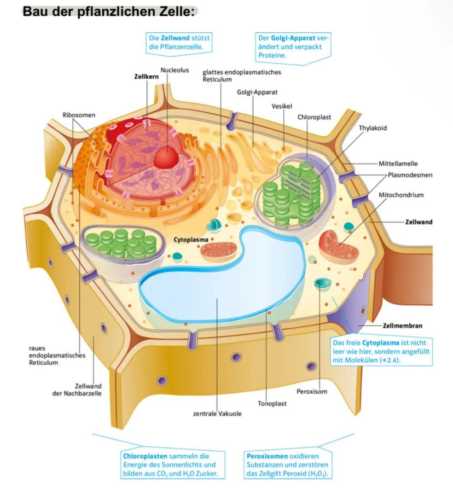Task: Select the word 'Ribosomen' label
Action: click(79, 115)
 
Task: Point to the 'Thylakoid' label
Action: click(373, 128)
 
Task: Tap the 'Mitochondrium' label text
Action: click(401, 195)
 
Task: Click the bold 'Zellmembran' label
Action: click(403, 325)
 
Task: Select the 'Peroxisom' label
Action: click(312, 392)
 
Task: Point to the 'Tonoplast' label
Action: click(272, 404)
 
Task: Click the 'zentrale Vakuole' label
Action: click(217, 414)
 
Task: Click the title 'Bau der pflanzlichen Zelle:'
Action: click(110, 11)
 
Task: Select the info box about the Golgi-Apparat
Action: click(293, 46)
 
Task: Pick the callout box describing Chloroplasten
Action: click(171, 464)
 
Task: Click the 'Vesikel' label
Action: click(282, 106)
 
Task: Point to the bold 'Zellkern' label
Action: click(146, 77)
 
